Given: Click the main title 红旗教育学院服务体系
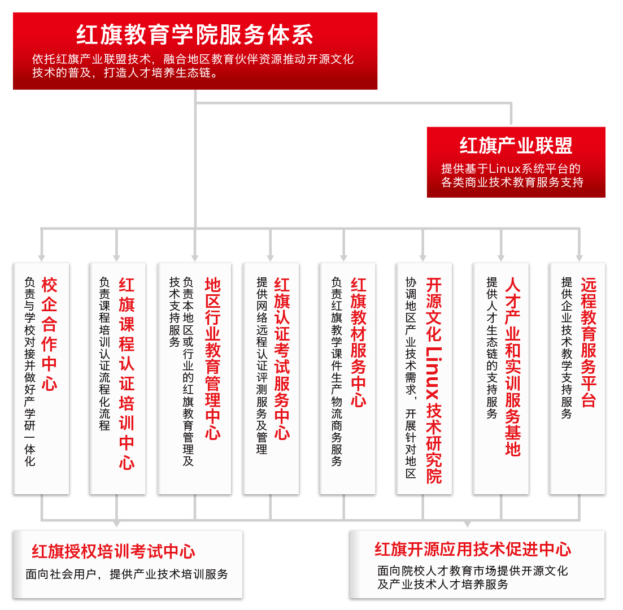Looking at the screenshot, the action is [195, 34].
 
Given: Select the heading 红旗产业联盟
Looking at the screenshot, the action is [516, 146].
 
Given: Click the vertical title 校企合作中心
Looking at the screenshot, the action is [49, 334].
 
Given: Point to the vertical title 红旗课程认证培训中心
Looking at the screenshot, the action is [127, 373].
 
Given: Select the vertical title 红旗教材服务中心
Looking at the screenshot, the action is [358, 342].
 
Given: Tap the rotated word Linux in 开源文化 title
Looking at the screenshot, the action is [433, 373].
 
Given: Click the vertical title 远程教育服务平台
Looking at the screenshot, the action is [589, 342].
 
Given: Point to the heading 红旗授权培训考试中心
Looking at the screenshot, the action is [114, 552].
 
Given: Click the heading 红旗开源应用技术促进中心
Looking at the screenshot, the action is [473, 549].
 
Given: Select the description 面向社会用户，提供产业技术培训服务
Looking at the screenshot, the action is [127, 574].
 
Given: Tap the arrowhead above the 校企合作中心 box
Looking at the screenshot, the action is [41, 258].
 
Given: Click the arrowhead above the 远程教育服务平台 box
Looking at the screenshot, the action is [580, 258].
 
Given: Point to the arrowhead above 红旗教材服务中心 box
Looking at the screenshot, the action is [343, 258].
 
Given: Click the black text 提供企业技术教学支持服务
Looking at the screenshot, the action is [567, 348].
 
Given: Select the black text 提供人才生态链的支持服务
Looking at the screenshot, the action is [492, 348].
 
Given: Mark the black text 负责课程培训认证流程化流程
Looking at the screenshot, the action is [104, 354].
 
